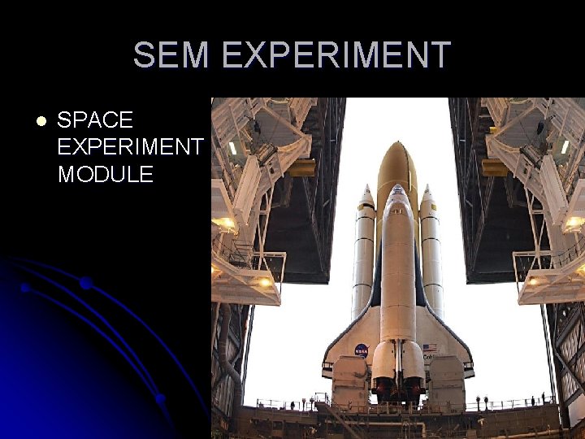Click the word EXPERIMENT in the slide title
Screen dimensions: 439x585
click(x=335, y=55)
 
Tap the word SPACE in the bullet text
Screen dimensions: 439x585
click(x=95, y=120)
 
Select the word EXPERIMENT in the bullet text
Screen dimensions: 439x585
click(x=130, y=147)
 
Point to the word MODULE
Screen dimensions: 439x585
click(x=105, y=174)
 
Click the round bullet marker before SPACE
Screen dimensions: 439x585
click(x=41, y=121)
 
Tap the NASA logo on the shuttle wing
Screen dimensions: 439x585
click(x=362, y=350)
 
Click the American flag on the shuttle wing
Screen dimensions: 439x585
click(x=429, y=347)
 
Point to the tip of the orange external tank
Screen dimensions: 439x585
click(x=397, y=146)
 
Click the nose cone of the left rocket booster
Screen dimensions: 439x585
click(x=366, y=193)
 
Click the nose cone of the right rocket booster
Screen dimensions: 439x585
click(x=428, y=193)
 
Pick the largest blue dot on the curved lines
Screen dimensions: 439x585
click(x=85, y=283)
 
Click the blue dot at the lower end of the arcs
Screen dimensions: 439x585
click(x=161, y=398)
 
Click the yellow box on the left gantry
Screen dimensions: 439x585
click(x=302, y=167)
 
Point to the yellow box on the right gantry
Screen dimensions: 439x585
click(x=493, y=167)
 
